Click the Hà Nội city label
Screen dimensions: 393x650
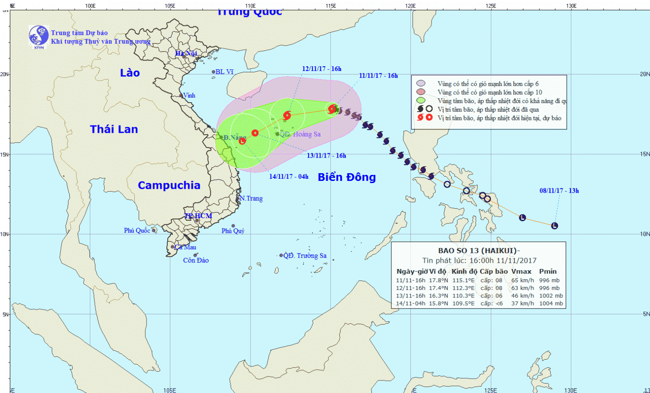pyautogui.click(x=186, y=53)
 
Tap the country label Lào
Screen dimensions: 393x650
pyautogui.click(x=130, y=73)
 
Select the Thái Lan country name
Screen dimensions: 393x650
pyautogui.click(x=114, y=129)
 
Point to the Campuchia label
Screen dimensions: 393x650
pyautogui.click(x=169, y=185)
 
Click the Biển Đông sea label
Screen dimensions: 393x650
pyautogui.click(x=347, y=177)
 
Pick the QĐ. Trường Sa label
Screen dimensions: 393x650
pyautogui.click(x=305, y=256)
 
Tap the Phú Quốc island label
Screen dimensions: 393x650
pyautogui.click(x=137, y=231)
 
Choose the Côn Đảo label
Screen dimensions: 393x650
pyautogui.click(x=196, y=261)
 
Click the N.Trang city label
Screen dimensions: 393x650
pyautogui.click(x=251, y=198)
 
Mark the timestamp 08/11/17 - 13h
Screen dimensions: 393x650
pyautogui.click(x=559, y=190)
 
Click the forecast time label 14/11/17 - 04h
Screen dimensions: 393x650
pyautogui.click(x=289, y=177)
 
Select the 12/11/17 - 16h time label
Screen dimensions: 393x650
pyautogui.click(x=322, y=69)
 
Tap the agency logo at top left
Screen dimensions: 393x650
pyautogui.click(x=39, y=36)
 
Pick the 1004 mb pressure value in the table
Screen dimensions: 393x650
pyautogui.click(x=551, y=303)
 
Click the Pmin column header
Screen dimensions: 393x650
pyautogui.click(x=548, y=271)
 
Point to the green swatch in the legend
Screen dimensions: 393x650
pyautogui.click(x=420, y=100)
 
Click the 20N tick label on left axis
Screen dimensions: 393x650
pyautogui.click(x=4, y=74)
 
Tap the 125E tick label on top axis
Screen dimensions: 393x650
pyautogui.click(x=491, y=6)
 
